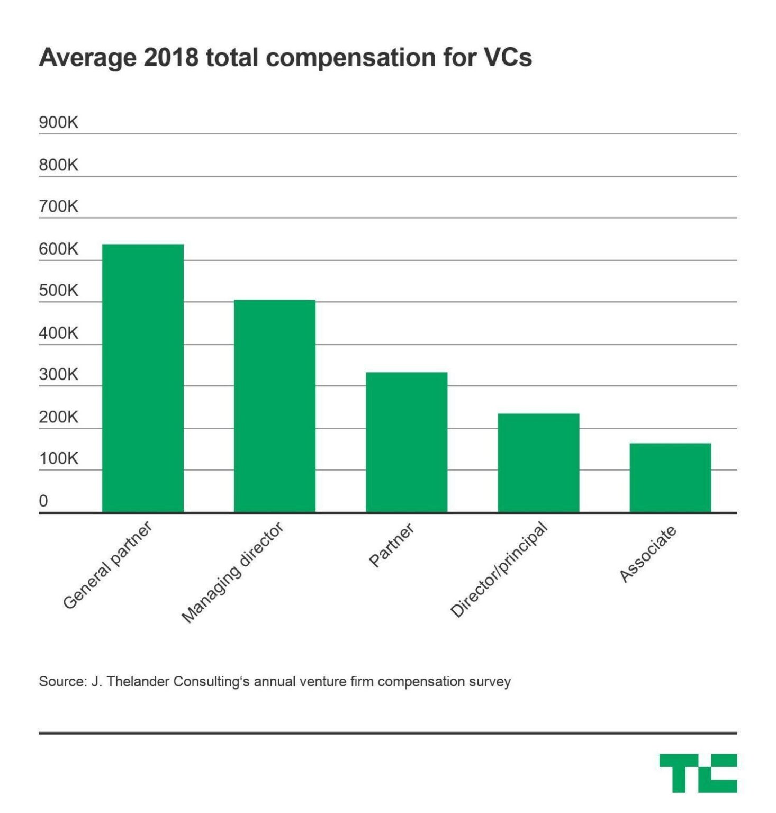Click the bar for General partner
point(142,378)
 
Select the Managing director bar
point(274,406)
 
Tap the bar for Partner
point(406,442)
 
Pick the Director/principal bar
point(538,463)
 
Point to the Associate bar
point(670,477)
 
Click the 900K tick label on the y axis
point(58,122)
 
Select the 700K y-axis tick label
point(58,206)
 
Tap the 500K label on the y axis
point(58,290)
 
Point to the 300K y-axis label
point(58,374)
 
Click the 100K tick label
point(58,458)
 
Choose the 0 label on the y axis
point(43,500)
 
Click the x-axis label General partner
point(107,565)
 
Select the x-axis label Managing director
point(232,572)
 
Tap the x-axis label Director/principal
point(498,570)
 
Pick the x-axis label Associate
point(648,554)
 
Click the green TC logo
point(698,773)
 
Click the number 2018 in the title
point(171,57)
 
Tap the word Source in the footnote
point(61,681)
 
